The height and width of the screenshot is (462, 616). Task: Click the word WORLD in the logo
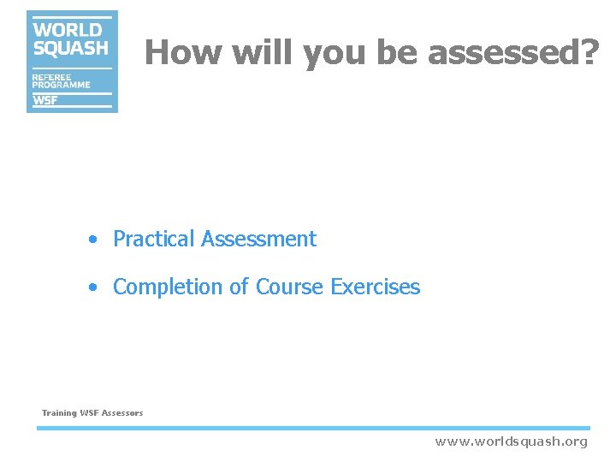(68, 31)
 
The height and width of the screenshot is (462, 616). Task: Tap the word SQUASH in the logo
(71, 49)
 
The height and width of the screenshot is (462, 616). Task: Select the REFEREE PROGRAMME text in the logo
(61, 80)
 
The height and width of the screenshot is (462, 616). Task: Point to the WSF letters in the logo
(45, 100)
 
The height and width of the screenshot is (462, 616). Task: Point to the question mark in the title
(589, 53)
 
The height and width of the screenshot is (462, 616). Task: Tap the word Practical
(154, 239)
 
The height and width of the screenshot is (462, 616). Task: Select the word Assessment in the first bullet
(258, 239)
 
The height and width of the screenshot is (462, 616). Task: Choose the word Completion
(169, 287)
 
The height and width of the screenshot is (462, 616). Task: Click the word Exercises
(375, 287)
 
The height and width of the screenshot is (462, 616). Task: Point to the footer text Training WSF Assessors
(92, 413)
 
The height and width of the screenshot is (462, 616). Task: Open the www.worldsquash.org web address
(512, 441)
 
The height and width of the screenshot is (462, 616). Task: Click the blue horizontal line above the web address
(313, 428)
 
